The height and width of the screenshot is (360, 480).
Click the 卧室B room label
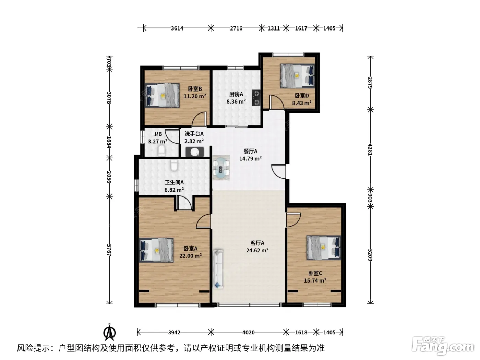[x=195, y=89]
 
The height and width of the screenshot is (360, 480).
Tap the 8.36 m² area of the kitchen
[x=236, y=101]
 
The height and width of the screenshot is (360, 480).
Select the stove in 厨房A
[x=256, y=98]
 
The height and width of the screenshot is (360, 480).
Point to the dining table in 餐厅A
[x=221, y=168]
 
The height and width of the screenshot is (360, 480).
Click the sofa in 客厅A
[x=218, y=269]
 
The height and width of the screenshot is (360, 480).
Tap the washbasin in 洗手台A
[x=195, y=152]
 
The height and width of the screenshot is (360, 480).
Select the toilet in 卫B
[x=161, y=151]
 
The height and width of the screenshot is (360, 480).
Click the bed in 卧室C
[x=324, y=248]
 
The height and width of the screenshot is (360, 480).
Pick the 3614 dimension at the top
[x=177, y=28]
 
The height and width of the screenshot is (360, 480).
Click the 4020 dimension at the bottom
[x=249, y=333]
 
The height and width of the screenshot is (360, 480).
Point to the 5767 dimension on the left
[x=109, y=250]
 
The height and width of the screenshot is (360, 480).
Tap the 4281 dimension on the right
[x=370, y=149]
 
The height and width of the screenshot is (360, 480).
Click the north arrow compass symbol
[x=110, y=332]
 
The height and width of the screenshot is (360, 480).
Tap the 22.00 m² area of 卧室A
[x=191, y=255]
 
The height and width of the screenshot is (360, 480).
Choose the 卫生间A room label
[x=174, y=182]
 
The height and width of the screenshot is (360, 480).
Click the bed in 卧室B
[x=162, y=95]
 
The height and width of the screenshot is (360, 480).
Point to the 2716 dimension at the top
[x=236, y=28]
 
